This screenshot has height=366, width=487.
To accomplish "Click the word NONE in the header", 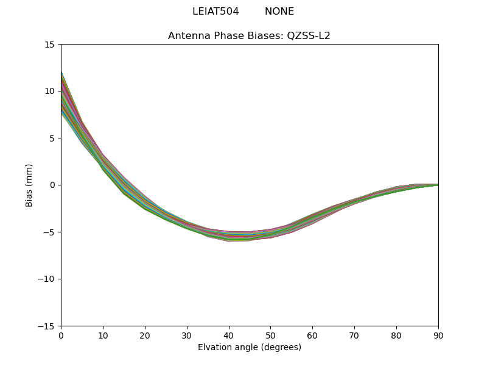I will pyautogui.click(x=279, y=12).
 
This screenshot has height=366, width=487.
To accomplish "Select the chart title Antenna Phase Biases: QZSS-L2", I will pyautogui.click(x=249, y=36).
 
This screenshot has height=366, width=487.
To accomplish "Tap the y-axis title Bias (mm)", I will pyautogui.click(x=29, y=185).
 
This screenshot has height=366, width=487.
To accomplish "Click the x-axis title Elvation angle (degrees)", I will pyautogui.click(x=249, y=348).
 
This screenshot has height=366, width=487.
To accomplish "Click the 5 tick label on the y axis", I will pyautogui.click(x=52, y=138).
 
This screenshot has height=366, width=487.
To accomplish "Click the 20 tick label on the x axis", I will pyautogui.click(x=145, y=335).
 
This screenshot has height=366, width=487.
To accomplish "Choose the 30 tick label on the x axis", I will pyautogui.click(x=187, y=335).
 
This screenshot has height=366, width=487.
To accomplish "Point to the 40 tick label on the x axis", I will pyautogui.click(x=229, y=335).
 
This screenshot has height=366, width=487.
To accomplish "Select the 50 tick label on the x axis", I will pyautogui.click(x=270, y=335).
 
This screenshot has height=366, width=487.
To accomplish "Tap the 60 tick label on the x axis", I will pyautogui.click(x=312, y=335).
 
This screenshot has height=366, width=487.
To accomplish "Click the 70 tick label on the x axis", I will pyautogui.click(x=354, y=335).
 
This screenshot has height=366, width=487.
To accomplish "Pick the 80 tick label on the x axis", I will pyautogui.click(x=396, y=335).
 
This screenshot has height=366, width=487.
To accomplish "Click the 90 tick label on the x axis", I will pyautogui.click(x=438, y=335).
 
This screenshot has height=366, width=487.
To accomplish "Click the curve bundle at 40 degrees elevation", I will pyautogui.click(x=229, y=237).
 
